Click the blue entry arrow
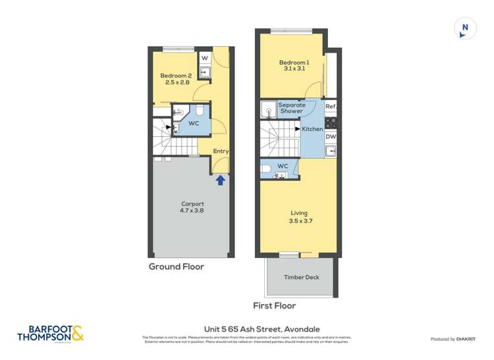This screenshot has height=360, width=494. (x=221, y=178)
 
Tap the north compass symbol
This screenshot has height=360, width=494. (x=465, y=28)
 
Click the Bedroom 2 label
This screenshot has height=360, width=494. (x=175, y=79)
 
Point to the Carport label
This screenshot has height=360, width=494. (x=192, y=207)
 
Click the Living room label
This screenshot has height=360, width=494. (x=300, y=217)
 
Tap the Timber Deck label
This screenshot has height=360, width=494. (x=301, y=277)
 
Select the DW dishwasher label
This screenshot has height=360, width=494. (x=331, y=137)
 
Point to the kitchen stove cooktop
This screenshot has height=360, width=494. (x=331, y=122)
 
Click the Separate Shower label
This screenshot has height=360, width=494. (x=291, y=108)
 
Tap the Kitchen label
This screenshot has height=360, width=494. (x=312, y=129)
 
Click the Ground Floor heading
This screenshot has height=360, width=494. (x=176, y=267)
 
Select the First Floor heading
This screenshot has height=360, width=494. (x=275, y=305)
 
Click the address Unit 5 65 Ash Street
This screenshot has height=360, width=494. (x=247, y=330)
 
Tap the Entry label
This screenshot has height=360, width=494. (x=221, y=151)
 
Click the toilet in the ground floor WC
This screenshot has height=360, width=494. (x=200, y=112)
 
